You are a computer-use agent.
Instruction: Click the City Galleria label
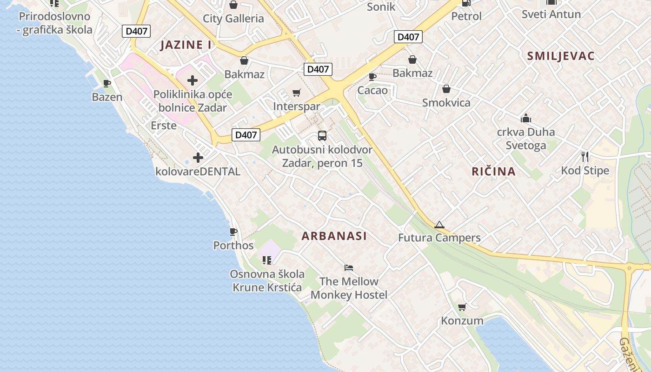tap(233, 19)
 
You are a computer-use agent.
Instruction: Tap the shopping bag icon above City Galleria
tap(233, 5)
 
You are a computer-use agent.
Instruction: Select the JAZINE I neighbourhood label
tap(186, 45)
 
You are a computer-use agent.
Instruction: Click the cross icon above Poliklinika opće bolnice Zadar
tap(193, 80)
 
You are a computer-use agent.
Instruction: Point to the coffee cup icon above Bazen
tap(107, 84)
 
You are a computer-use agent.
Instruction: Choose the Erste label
tap(164, 126)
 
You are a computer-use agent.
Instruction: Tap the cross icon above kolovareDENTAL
tap(198, 158)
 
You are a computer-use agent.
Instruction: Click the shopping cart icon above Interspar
tap(296, 93)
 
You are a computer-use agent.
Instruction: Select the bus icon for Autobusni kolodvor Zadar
tap(322, 136)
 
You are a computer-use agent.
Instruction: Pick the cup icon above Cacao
tap(372, 77)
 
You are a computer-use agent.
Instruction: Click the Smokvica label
tap(446, 103)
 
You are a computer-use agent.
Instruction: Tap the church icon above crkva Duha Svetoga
tap(526, 118)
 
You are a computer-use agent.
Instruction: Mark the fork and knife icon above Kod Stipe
tap(585, 157)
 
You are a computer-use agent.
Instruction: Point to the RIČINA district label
tap(493, 172)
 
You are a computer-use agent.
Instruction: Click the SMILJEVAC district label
tap(560, 56)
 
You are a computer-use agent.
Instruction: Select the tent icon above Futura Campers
tap(439, 225)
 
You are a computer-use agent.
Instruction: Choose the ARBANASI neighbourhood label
tap(334, 236)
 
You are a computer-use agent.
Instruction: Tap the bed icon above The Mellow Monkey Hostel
tap(349, 267)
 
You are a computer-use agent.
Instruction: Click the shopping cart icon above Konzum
tap(462, 307)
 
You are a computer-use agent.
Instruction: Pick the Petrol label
tap(466, 16)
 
